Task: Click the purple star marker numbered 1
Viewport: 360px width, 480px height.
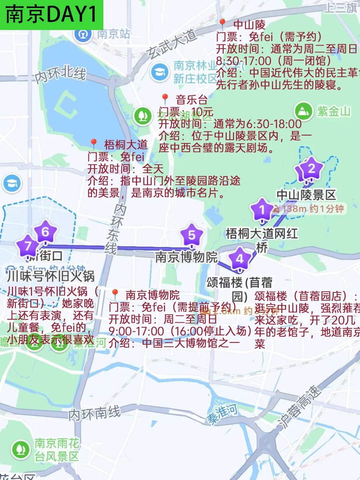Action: [x=262, y=210]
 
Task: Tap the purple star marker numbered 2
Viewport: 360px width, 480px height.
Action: [x=311, y=168]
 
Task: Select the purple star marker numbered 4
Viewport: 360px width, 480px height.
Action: [x=240, y=258]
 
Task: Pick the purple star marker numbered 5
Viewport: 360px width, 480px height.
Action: [x=191, y=235]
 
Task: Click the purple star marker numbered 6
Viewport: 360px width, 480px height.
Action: [x=45, y=231]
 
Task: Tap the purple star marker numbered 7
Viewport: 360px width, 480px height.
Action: [x=28, y=246]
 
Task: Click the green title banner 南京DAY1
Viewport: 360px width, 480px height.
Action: [x=51, y=15]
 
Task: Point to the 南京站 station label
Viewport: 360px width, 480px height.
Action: [x=114, y=34]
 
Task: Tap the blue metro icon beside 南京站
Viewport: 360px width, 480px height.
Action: [x=83, y=34]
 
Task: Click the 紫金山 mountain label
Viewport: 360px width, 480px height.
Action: [x=334, y=111]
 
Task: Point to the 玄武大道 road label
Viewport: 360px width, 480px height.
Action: [x=171, y=44]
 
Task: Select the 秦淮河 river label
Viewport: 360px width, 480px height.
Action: [x=222, y=413]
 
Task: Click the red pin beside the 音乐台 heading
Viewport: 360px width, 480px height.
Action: [x=165, y=98]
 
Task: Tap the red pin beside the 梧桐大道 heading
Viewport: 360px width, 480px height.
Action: [x=94, y=144]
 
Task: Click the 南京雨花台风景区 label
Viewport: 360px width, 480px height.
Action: [x=57, y=450]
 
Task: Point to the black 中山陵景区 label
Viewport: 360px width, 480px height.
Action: [x=306, y=195]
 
